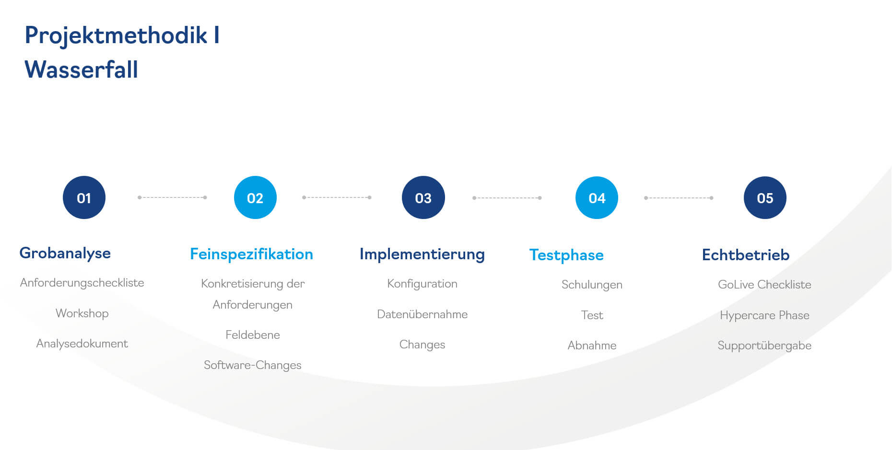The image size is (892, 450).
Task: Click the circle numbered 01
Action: tap(84, 197)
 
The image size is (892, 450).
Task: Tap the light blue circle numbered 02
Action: tap(255, 197)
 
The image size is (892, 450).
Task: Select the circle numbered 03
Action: tap(423, 197)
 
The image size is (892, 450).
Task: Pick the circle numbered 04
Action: tap(597, 197)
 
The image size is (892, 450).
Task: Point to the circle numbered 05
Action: tap(765, 197)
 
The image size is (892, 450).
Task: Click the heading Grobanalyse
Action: tap(65, 254)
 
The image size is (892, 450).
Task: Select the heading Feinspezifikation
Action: tap(251, 254)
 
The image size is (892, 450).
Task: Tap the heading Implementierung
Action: tap(422, 254)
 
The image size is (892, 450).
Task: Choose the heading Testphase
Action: tap(566, 255)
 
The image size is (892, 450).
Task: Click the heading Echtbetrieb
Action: tap(746, 255)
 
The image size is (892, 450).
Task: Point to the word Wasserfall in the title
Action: tap(82, 69)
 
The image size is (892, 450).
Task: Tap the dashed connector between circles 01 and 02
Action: tap(172, 197)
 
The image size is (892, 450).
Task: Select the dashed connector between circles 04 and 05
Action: tap(679, 198)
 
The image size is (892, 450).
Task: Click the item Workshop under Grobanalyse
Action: tap(82, 313)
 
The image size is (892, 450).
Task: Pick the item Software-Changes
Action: tap(253, 366)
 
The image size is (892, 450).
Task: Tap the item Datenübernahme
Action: tap(422, 314)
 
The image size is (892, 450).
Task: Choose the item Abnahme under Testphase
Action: tap(592, 346)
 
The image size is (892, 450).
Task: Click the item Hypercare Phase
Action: tap(764, 316)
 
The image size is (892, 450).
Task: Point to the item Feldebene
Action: tap(253, 335)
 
